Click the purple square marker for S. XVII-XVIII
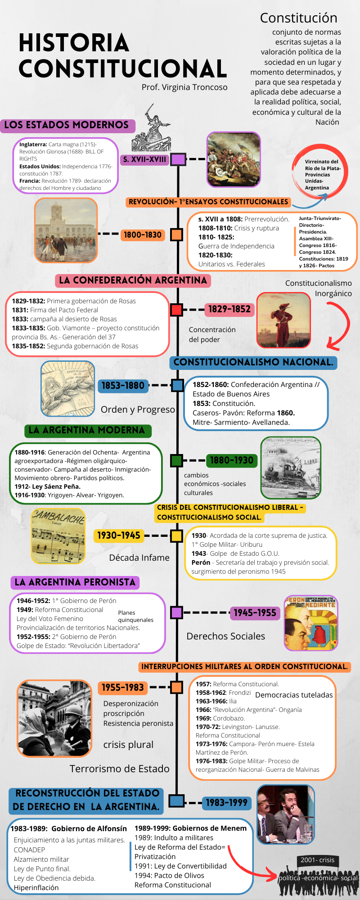[x=178, y=159]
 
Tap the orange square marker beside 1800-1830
[x=177, y=234]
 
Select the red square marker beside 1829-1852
[x=176, y=310]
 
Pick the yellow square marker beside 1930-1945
[x=176, y=535]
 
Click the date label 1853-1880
[x=123, y=386]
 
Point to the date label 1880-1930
[x=232, y=460]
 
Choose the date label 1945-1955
[x=255, y=612]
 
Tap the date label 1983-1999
[x=226, y=803]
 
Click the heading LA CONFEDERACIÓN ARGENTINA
[x=133, y=280]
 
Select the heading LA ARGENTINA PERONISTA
[x=75, y=582]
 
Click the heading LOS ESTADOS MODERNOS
[x=67, y=125]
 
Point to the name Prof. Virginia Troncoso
[x=184, y=87]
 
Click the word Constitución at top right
[x=298, y=18]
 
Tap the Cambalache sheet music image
[x=58, y=536]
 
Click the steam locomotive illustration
[x=291, y=468]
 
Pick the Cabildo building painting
[x=66, y=230]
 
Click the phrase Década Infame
[x=139, y=558]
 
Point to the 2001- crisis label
[x=317, y=860]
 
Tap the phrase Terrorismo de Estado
[x=119, y=769]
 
